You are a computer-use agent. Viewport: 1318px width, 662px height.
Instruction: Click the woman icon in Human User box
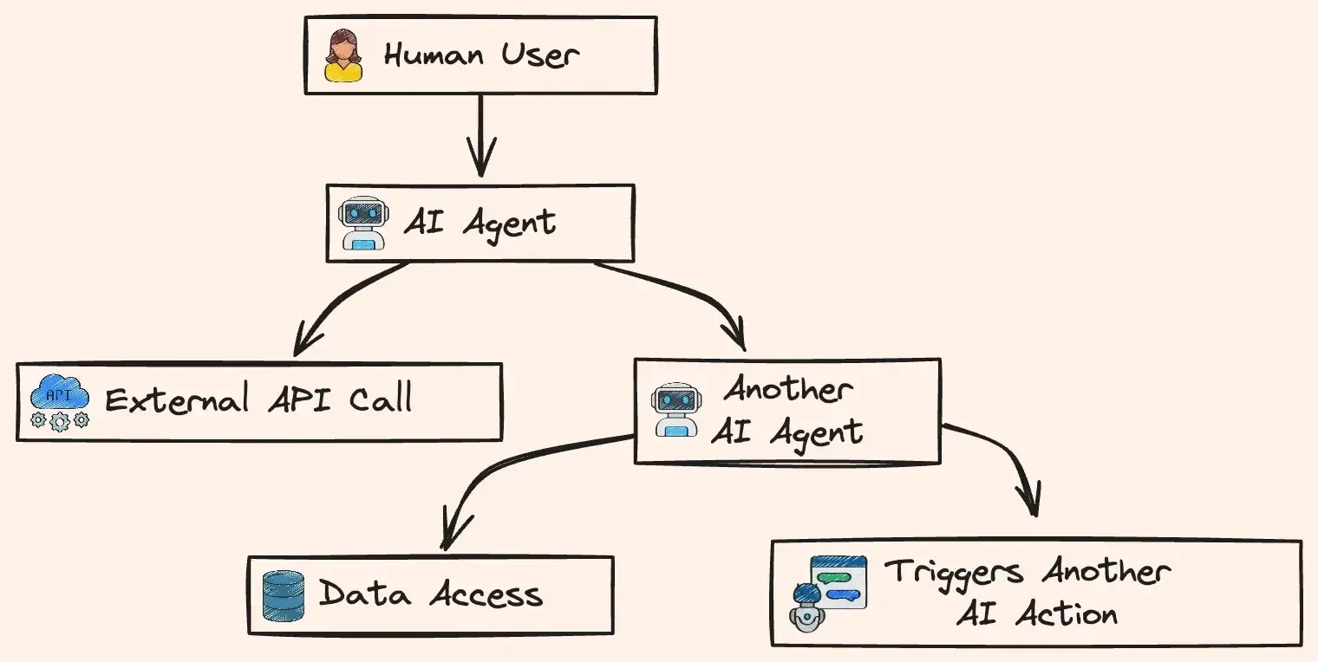[x=343, y=55]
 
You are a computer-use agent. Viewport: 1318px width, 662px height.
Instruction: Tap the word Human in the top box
[x=434, y=55]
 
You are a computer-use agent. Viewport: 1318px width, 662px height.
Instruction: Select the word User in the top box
[x=539, y=55]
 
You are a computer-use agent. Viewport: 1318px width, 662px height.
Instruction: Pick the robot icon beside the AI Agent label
[x=360, y=223]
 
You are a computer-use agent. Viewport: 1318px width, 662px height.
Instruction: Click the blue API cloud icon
[x=60, y=401]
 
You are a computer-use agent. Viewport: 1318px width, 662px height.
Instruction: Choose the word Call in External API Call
[x=380, y=399]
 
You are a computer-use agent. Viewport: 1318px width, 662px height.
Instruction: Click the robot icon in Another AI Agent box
[x=676, y=410]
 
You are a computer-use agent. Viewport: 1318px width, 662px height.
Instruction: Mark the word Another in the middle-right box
[x=788, y=389]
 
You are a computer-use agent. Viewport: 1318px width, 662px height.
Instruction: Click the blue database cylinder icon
[x=284, y=595]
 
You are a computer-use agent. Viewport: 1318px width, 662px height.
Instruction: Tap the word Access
[x=486, y=594]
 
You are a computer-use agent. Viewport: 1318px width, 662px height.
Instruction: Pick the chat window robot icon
[x=827, y=593]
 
